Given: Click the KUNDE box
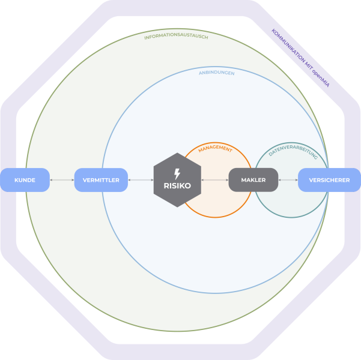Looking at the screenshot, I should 25,180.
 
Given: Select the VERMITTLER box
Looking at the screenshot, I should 101,180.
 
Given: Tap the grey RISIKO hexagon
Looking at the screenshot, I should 177,180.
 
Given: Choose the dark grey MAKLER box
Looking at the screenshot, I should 253,180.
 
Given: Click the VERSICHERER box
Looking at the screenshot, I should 329,180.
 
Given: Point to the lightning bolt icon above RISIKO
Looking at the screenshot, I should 177,173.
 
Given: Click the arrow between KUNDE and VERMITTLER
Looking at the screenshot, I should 62,180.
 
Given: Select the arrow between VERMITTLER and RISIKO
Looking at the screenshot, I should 141,180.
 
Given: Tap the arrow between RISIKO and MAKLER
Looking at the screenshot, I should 214,180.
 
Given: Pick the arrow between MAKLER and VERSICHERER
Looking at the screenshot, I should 288,180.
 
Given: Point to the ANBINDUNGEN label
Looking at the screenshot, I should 216,73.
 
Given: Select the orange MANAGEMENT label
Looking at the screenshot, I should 215,149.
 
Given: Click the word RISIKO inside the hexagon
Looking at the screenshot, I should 177,186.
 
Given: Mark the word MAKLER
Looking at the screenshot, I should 253,180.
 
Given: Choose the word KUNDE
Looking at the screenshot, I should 25,180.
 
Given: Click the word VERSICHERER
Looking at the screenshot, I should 329,180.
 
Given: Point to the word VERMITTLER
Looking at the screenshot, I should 101,180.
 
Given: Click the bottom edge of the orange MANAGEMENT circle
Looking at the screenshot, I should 216,217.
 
